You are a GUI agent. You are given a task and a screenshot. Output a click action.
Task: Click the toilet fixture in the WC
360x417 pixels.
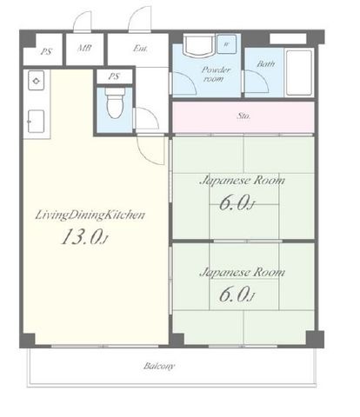(x=115, y=103)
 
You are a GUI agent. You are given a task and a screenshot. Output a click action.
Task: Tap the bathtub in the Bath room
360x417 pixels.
(x=299, y=73)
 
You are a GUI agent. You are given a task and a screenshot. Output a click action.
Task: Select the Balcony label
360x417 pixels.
(x=159, y=367)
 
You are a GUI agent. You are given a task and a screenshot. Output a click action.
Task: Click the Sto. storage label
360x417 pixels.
(x=243, y=116)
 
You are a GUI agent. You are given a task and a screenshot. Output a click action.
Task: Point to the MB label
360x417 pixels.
(x=84, y=48)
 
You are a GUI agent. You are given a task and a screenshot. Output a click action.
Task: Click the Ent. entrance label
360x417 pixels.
(x=141, y=49)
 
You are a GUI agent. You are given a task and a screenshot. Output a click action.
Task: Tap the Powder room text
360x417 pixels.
(x=216, y=74)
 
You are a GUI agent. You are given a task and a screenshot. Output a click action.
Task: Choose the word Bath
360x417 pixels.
(x=266, y=63)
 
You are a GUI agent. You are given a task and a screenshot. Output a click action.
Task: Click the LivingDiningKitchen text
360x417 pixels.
(x=90, y=215)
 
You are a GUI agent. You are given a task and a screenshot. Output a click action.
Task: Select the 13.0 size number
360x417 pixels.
(x=83, y=236)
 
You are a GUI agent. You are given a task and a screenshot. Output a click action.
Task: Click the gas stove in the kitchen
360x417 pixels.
(x=37, y=81)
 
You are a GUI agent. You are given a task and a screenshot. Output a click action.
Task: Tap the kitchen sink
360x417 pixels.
(x=37, y=122)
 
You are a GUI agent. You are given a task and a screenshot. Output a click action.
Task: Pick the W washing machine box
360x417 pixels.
(x=226, y=44)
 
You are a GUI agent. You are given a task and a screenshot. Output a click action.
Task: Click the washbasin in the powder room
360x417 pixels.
(x=200, y=45)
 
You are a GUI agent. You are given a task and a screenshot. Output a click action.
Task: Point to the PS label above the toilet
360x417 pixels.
(x=114, y=76)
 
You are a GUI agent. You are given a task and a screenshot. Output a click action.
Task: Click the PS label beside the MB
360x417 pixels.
(x=46, y=52)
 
